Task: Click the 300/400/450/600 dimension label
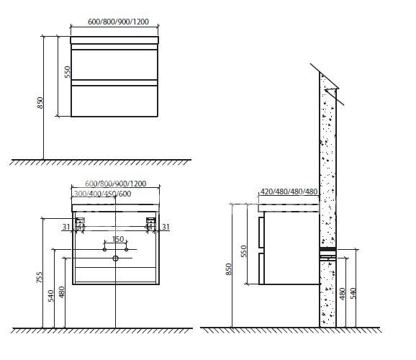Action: pyautogui.click(x=102, y=194)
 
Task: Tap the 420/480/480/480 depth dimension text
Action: pyautogui.click(x=289, y=192)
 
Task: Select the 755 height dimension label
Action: pyautogui.click(x=40, y=277)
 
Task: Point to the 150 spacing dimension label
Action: pyautogui.click(x=118, y=239)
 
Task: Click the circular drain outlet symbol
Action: pyautogui.click(x=115, y=258)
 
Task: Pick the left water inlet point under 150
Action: pyautogui.click(x=104, y=250)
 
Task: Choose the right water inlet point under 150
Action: pyautogui.click(x=126, y=250)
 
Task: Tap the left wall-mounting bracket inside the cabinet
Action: pyautogui.click(x=80, y=223)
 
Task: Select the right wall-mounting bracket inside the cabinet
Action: pyautogui.click(x=150, y=223)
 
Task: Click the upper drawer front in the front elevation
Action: pyautogui.click(x=114, y=65)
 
